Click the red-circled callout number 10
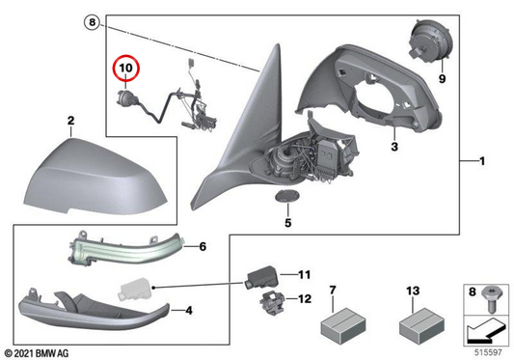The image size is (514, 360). tap(126, 68)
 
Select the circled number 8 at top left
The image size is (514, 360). tap(93, 22)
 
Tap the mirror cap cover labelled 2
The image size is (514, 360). tap(95, 178)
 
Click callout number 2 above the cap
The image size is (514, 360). tap(70, 121)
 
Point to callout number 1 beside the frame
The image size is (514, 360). tap(482, 161)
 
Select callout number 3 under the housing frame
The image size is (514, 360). tap(394, 146)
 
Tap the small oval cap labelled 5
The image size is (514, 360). tap(287, 196)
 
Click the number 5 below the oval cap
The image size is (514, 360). tap(287, 223)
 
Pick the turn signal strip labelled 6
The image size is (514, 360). tap(126, 247)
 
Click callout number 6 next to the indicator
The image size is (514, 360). tap(203, 246)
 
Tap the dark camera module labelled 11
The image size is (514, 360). tap(261, 277)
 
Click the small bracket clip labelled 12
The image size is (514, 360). tap(272, 302)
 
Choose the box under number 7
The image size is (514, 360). tap(342, 326)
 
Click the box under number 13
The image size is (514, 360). tap(421, 326)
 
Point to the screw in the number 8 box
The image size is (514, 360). tap(491, 299)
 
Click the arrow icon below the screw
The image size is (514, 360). tap(486, 331)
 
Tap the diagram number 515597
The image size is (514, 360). tap(488, 352)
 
